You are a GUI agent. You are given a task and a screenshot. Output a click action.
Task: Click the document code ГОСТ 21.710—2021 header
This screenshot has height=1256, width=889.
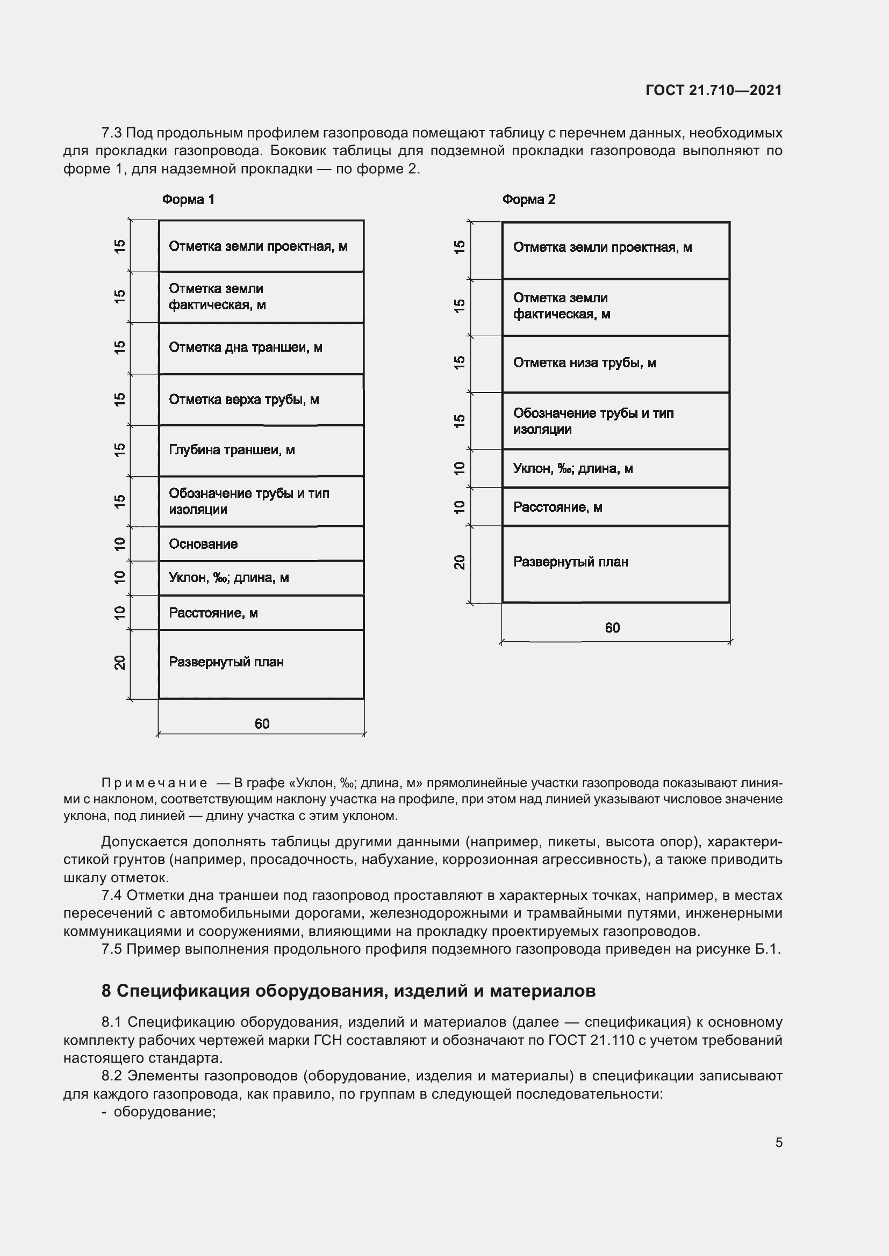[x=713, y=90]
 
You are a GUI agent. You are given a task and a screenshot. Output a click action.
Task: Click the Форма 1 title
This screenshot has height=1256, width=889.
[x=188, y=200]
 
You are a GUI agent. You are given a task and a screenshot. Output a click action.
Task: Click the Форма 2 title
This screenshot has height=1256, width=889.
[x=528, y=200]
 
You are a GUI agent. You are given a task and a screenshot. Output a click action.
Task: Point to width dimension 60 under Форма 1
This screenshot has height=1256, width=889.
[x=262, y=724]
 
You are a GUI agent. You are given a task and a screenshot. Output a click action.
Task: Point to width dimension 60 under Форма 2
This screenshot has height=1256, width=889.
[x=612, y=628]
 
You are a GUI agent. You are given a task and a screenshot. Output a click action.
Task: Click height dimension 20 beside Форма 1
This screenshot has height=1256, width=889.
[x=120, y=663]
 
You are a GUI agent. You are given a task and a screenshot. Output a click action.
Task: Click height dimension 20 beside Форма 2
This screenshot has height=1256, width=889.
[x=460, y=562]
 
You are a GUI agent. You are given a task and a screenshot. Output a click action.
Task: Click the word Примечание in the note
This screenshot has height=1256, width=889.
[x=154, y=783]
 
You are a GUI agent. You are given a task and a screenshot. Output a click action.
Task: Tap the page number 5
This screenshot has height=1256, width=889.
[x=778, y=1143]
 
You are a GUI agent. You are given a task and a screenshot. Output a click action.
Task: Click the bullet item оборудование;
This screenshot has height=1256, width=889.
[x=165, y=1112]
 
